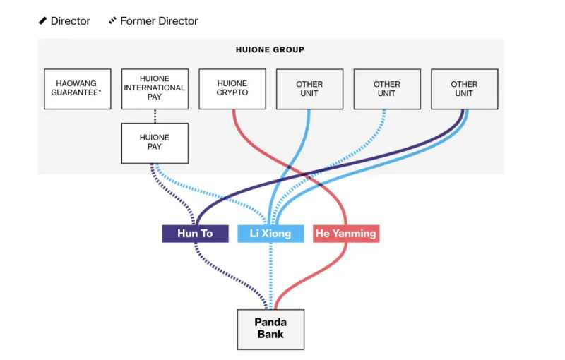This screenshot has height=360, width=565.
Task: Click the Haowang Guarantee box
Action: [77, 88]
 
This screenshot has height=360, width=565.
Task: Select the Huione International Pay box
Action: [155, 88]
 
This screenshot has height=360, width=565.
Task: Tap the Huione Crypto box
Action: [232, 88]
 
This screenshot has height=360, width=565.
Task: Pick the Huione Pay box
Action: [155, 142]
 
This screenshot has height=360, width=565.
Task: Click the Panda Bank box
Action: [270, 329]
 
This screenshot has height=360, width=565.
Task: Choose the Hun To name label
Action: [195, 234]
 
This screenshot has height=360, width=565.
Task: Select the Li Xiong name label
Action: [270, 234]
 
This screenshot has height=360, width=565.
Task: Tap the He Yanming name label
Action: [346, 234]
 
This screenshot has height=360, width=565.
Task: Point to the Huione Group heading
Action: [270, 50]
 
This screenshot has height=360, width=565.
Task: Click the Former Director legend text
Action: [159, 21]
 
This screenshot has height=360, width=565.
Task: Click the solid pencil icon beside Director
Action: [42, 21]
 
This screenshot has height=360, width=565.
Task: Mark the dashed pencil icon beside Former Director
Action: [112, 21]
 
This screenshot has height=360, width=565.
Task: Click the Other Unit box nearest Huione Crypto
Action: [309, 88]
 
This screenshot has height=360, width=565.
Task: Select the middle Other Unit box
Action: [386, 88]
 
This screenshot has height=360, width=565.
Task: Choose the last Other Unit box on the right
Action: [464, 88]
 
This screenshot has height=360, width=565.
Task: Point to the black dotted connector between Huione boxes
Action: [155, 116]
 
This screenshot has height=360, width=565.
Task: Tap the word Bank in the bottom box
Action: [270, 335]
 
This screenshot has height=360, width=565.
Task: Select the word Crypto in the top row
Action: [232, 92]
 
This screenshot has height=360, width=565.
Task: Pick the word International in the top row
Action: [155, 88]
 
